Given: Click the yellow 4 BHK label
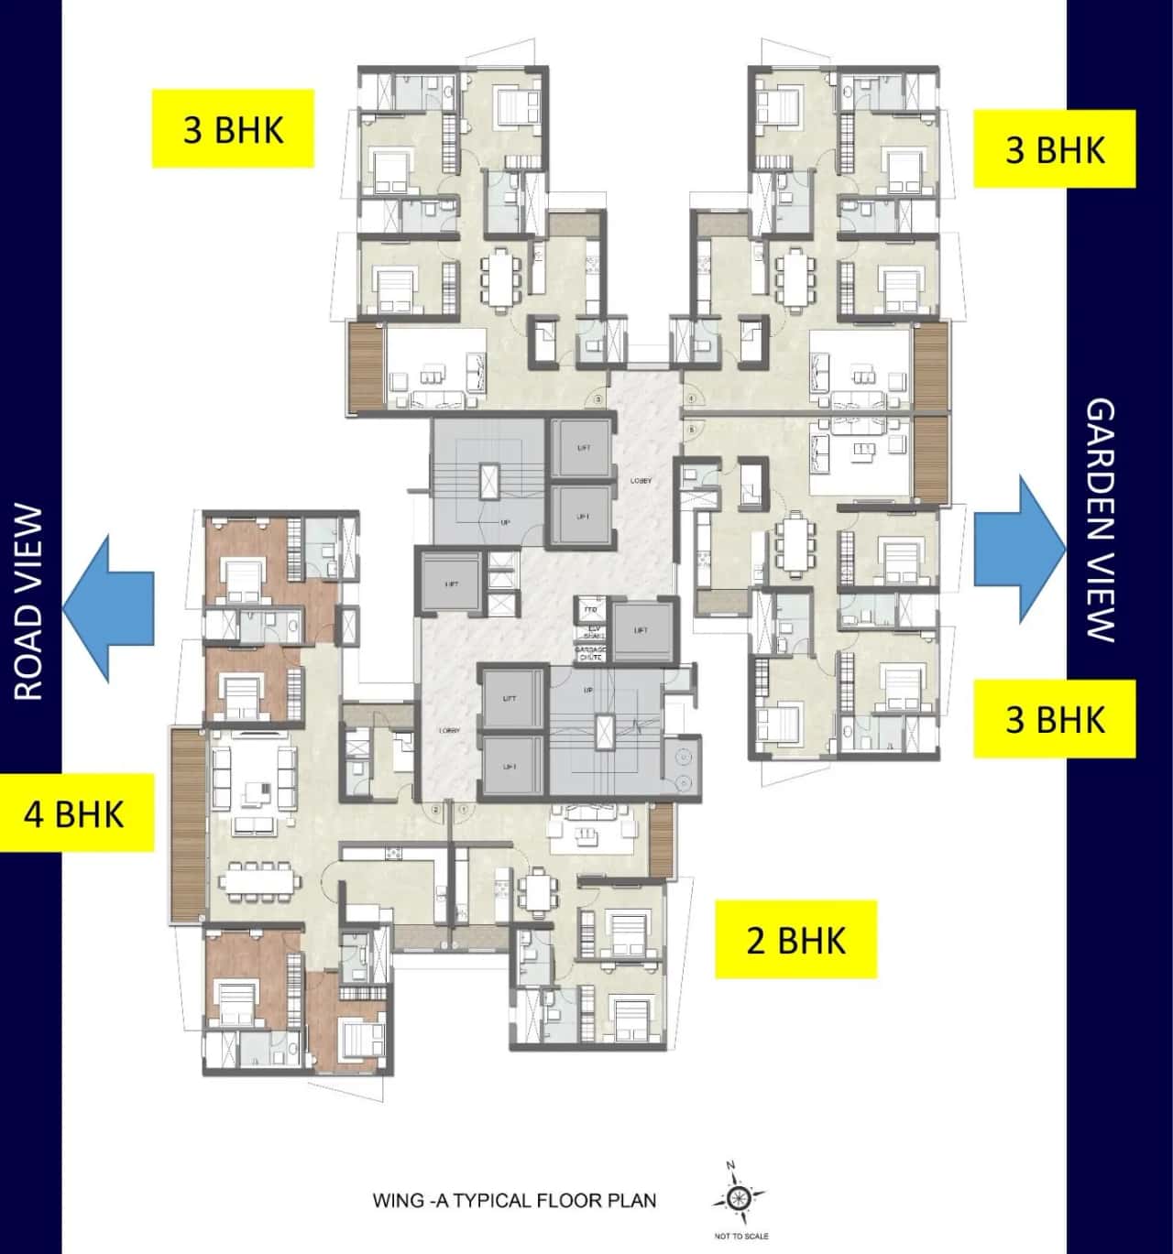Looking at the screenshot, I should click(75, 813).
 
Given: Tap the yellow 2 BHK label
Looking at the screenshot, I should click(795, 940).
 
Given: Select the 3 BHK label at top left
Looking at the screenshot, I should click(233, 129).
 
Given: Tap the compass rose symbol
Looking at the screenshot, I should click(739, 1197).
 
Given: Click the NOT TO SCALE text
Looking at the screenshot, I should click(740, 1237).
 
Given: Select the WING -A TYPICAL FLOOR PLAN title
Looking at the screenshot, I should click(514, 1200).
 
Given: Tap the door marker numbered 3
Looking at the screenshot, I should click(597, 399).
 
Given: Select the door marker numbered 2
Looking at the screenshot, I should click(436, 809).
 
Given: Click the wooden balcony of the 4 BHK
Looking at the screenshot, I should click(188, 824).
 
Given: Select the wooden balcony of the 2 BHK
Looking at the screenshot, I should click(660, 838).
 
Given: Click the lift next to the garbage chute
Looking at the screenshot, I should click(641, 630).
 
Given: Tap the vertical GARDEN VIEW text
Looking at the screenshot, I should click(1101, 519).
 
